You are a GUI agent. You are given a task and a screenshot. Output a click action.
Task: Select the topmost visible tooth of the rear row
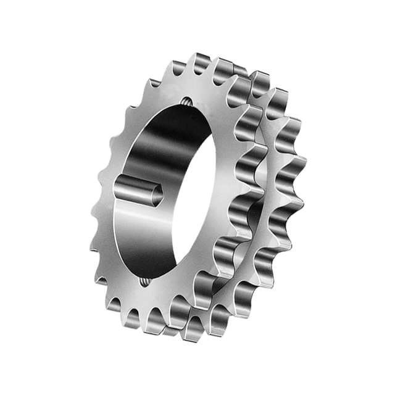point(259,77)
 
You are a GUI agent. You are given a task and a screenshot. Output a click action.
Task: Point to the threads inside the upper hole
point(186,103)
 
